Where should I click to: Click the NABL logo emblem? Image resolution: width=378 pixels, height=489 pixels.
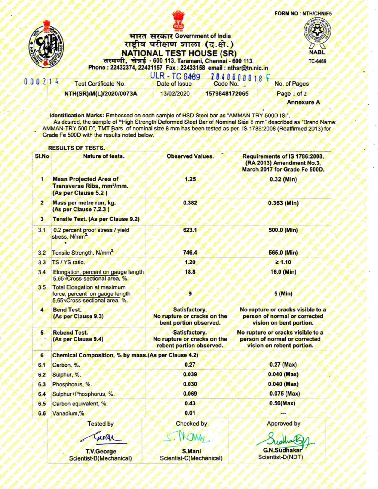[x=317, y=33]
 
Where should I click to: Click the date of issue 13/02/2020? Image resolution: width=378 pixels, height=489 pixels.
[x=175, y=94]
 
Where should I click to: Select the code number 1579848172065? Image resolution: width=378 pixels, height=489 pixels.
[x=227, y=94]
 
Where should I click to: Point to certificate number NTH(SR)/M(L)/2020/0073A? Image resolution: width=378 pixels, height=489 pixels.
[x=101, y=94]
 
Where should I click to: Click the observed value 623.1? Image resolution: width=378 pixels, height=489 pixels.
[x=190, y=230]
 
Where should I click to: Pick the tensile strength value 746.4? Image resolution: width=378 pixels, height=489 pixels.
[x=190, y=253]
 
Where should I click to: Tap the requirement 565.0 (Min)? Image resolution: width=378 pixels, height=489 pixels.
[x=283, y=253]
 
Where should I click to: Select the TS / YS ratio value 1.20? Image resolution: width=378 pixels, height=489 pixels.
[x=190, y=262]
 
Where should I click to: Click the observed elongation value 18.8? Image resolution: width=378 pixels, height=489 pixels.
[x=190, y=272]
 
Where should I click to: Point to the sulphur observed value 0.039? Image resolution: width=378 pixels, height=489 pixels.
[x=190, y=374]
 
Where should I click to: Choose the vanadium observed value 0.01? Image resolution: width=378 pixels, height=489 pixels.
[x=190, y=413]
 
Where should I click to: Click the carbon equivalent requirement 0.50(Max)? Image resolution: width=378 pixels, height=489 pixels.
[x=282, y=403]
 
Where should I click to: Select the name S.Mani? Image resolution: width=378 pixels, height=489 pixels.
[x=192, y=451]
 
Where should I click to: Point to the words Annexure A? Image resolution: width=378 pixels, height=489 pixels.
[x=303, y=102]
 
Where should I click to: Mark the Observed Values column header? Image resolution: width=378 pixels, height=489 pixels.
[x=190, y=156]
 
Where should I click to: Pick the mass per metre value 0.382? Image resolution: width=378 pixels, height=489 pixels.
[x=190, y=203]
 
